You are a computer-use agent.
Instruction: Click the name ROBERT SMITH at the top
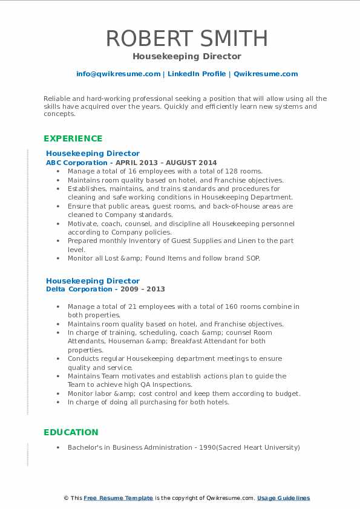[186, 38]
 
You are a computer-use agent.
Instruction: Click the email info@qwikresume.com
[118, 74]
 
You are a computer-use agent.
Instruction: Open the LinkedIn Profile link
[196, 74]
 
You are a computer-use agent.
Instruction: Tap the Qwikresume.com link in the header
[266, 74]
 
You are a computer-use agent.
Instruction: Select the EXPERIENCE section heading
[73, 138]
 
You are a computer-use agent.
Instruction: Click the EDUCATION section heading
[70, 432]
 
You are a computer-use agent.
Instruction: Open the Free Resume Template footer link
[118, 498]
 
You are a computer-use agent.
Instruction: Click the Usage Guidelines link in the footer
[283, 498]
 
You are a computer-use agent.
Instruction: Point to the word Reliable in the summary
[57, 99]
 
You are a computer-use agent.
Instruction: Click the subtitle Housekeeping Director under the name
[186, 57]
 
